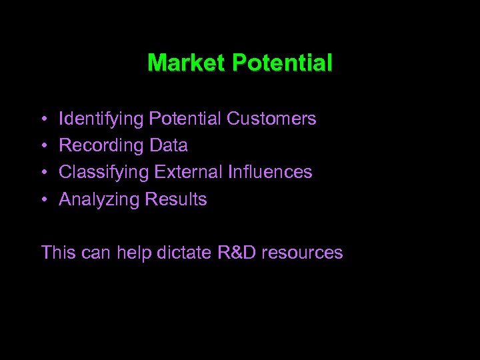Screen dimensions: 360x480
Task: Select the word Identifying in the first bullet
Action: pos(101,119)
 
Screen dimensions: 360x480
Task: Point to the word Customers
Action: pos(271,119)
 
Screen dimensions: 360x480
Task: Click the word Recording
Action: pos(101,146)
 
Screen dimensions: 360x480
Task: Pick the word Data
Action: pos(169,145)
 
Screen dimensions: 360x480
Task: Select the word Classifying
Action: pos(104,173)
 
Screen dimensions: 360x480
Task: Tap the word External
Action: pos(189,172)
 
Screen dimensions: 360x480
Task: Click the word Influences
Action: pos(270,172)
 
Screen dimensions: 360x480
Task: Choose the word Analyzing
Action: pos(99,199)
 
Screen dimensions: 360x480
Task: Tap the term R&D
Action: pos(237,253)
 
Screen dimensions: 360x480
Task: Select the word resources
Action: pos(303,253)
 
